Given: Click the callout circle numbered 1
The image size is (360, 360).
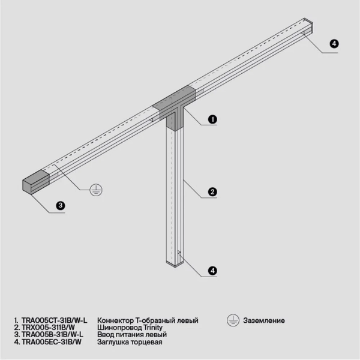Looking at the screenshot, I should click(213, 119).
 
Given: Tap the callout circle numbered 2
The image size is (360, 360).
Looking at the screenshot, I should click(212, 193).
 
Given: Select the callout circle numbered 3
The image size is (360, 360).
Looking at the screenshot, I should click(61, 205).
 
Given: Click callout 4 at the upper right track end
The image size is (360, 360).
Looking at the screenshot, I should click(334, 44).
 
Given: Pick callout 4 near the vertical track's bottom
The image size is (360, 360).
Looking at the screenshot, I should click(212, 271).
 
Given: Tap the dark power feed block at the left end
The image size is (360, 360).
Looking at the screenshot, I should click(35, 181).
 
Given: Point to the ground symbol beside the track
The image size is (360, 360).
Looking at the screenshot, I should click(95, 190).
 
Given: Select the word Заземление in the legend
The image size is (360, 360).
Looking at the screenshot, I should click(264, 321).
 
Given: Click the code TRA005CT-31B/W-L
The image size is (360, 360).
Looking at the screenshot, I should click(54, 321).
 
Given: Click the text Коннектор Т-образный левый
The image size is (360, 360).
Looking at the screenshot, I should click(147, 321).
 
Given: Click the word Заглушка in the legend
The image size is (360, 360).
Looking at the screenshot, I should click(113, 342).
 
